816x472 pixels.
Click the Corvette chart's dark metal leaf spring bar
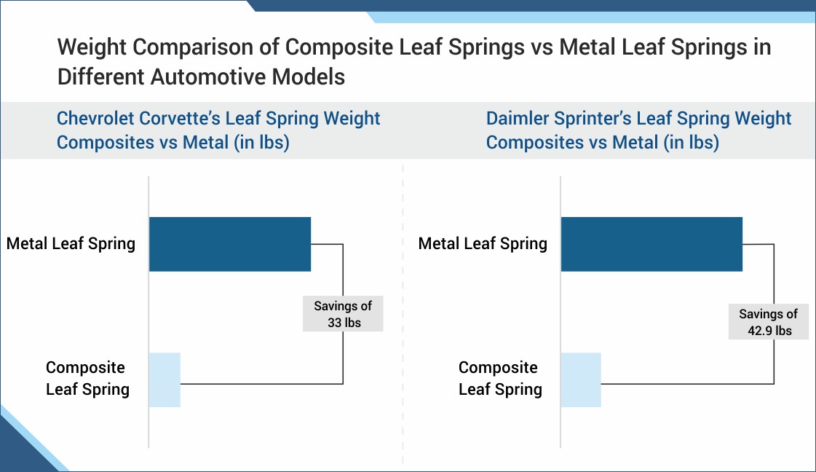(230, 244)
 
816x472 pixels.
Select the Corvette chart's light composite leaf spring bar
(165, 379)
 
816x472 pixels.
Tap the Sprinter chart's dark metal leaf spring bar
(651, 244)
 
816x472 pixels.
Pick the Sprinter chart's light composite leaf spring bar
(581, 379)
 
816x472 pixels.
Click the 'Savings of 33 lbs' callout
(343, 314)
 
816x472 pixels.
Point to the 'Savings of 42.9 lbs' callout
(768, 322)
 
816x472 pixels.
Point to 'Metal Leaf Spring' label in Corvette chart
(71, 243)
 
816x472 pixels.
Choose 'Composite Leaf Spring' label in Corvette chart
(87, 378)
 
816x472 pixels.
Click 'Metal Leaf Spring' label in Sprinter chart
(483, 243)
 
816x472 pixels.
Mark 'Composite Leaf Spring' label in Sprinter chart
(499, 378)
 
